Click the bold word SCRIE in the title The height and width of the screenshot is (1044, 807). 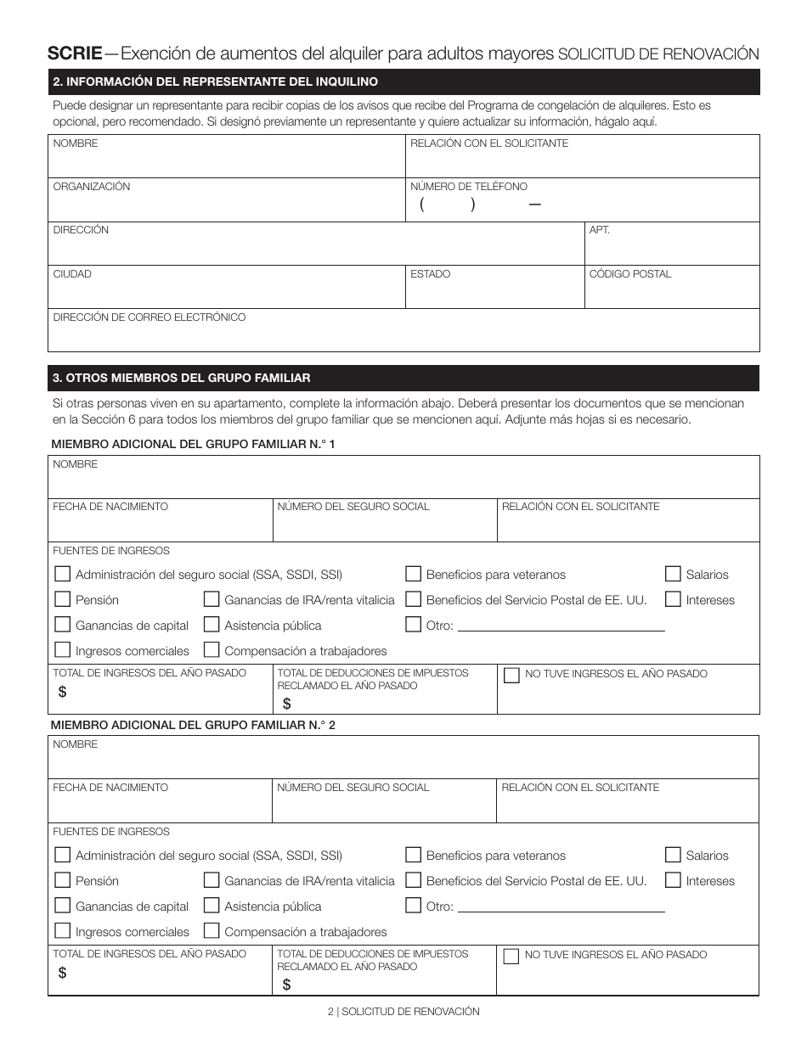click(x=75, y=53)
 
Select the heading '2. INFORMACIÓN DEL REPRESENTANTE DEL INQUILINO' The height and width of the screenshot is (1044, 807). click(x=215, y=82)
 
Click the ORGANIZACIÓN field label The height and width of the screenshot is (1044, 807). click(x=92, y=187)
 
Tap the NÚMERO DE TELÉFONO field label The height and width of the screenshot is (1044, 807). click(x=469, y=187)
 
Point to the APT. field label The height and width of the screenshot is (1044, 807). click(x=600, y=230)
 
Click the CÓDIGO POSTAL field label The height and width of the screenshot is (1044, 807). click(x=630, y=274)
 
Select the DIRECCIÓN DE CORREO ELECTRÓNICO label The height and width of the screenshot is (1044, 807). click(x=150, y=317)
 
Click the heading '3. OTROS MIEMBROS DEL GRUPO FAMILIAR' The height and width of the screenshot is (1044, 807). click(x=182, y=378)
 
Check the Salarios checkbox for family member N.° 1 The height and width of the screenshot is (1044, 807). click(x=673, y=574)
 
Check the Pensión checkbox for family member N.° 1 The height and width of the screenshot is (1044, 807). click(x=62, y=599)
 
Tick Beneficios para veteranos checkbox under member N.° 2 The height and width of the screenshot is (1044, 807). click(x=414, y=855)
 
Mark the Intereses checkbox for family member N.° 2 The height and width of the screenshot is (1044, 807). click(x=673, y=880)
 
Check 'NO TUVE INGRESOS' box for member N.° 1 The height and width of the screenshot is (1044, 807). click(x=511, y=676)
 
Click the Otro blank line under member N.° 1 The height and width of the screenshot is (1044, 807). click(x=561, y=626)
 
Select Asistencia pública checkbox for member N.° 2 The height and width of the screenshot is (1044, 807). click(x=212, y=906)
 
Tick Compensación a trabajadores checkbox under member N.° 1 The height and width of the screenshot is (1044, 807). click(x=212, y=650)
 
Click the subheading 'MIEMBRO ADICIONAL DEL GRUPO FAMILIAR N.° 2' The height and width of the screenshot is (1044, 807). click(x=194, y=726)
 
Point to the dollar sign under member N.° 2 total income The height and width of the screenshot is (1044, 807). click(x=63, y=973)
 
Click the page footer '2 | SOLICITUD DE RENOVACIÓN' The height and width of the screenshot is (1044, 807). click(x=403, y=1012)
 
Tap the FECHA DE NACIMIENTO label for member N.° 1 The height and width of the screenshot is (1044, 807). click(x=110, y=507)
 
